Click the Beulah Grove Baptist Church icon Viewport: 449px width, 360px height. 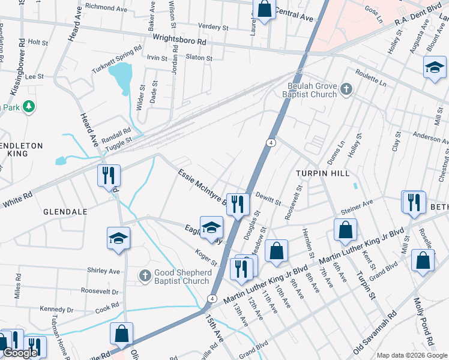(345, 90)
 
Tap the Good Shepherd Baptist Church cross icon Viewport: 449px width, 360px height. (144, 276)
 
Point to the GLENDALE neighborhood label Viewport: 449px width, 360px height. (65, 212)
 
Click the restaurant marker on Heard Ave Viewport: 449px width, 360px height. (109, 176)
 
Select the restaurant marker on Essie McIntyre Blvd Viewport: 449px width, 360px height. (238, 204)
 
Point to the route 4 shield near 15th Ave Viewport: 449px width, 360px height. (212, 298)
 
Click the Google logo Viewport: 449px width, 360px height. (20, 353)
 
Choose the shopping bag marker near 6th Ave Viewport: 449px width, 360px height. (345, 229)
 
